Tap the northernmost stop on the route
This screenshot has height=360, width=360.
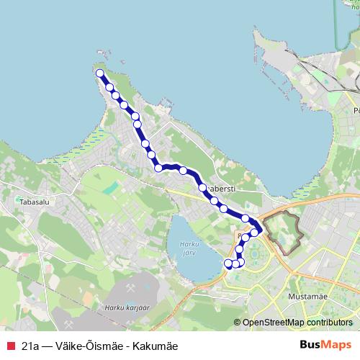coord(100,73)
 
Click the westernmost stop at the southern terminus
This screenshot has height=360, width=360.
coord(229,264)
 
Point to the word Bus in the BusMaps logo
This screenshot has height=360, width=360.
coord(310,345)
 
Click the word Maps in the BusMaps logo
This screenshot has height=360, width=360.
coord(337,345)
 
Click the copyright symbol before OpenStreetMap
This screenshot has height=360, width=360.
coord(238,323)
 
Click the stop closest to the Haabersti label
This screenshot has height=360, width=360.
coord(203,189)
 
